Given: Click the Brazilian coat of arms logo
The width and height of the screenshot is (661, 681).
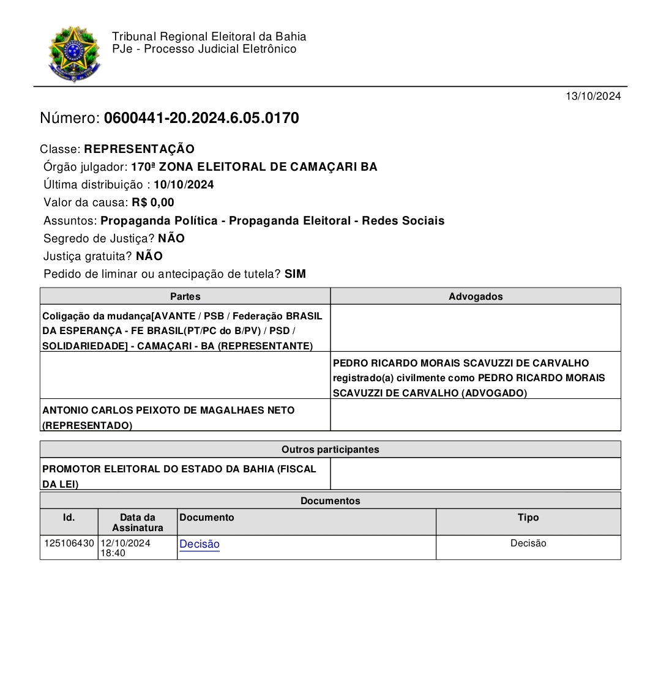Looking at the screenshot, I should pos(74,54).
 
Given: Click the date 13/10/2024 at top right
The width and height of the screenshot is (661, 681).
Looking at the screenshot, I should pos(592,96).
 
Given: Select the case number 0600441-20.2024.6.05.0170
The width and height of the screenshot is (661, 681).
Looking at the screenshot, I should pos(201,118).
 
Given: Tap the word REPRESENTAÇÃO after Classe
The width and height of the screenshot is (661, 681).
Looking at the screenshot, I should pos(140,149).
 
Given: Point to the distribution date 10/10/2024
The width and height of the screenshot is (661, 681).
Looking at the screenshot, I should pos(184,185).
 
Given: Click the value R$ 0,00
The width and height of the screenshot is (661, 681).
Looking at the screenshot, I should pos(153,203).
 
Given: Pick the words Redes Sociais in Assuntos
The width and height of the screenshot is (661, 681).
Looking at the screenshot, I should pos(403,221).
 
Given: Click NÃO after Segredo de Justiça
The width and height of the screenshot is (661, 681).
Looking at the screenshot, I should pos(171,239).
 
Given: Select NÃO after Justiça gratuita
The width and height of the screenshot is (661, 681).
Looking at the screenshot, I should pos(149,256).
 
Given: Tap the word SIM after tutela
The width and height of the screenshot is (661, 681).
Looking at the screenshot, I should pos(295,274).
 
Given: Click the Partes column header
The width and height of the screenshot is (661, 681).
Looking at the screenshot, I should pos(185,296).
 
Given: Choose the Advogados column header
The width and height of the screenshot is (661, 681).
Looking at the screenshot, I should pos(476,296).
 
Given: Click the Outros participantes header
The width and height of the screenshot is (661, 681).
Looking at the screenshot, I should pos(330,450).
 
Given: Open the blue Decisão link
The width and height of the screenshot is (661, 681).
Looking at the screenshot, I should pos(200,544).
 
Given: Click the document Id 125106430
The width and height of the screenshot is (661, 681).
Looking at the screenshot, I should pos(69,543).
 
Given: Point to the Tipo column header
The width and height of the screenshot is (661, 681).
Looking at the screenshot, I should pos(528,518).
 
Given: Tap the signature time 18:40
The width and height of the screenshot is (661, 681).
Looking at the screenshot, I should pos(113,553).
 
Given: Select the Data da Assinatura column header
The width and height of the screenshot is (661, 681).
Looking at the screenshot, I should pos(138,523).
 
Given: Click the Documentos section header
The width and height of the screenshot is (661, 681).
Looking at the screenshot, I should pos(330,501).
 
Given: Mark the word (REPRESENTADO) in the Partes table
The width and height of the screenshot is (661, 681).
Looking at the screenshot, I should pos(87,426).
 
